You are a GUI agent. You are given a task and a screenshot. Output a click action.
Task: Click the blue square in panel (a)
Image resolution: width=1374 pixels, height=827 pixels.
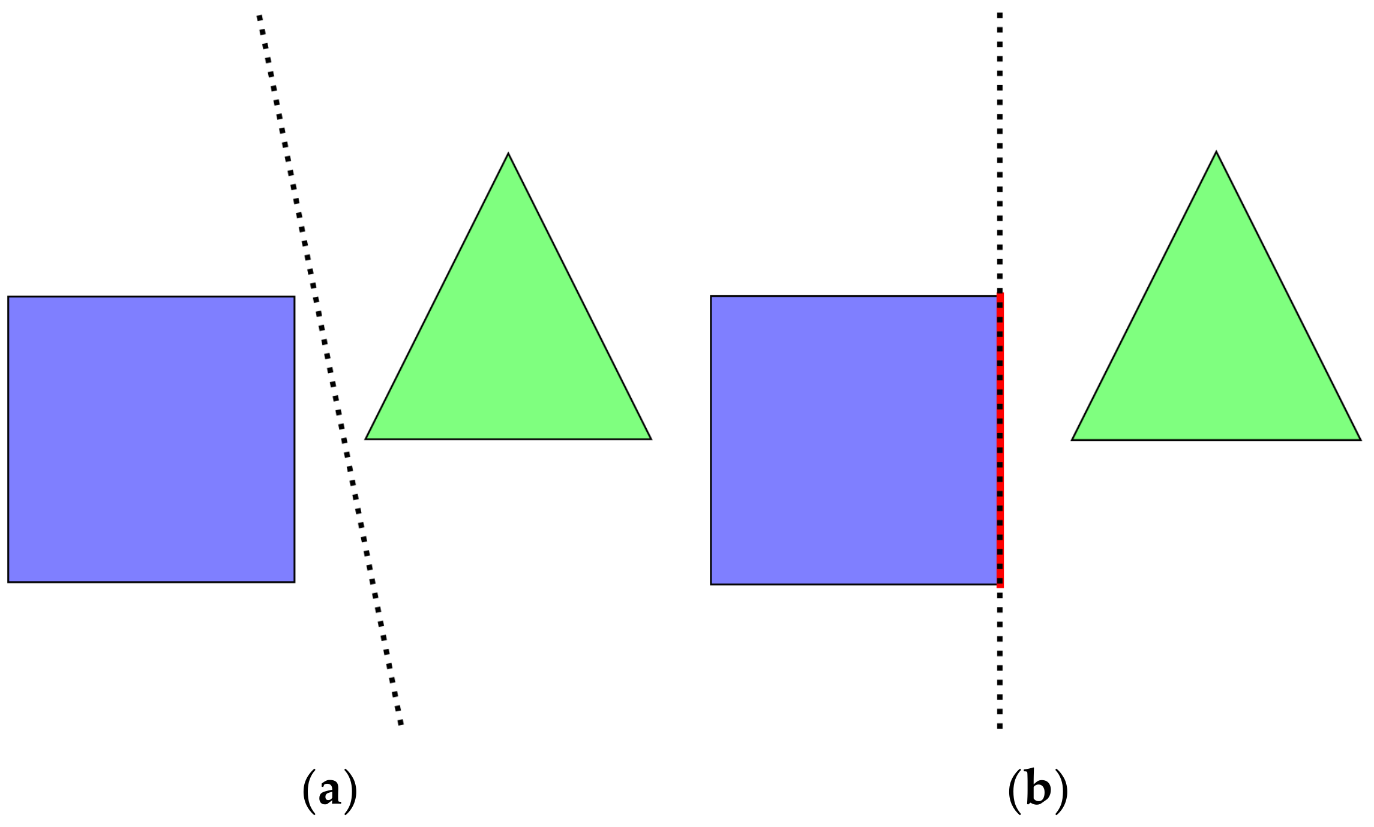tap(151, 439)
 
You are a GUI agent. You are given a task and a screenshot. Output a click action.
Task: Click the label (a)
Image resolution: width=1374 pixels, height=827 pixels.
tap(329, 790)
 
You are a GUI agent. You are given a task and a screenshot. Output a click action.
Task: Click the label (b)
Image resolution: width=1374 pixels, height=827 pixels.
tap(1037, 790)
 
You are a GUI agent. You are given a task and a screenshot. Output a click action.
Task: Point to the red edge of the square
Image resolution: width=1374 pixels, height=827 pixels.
tap(1000, 440)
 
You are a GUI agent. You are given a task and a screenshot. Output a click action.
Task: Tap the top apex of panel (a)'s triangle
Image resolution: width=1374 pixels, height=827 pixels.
tap(508, 154)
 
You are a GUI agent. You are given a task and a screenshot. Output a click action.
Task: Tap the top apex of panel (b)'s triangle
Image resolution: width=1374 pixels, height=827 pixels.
tap(1216, 152)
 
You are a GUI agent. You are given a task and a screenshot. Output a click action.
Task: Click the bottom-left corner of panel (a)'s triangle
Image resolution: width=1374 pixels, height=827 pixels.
tap(366, 439)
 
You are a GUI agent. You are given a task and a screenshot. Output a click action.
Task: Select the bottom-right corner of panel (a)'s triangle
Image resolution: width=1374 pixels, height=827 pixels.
tap(651, 439)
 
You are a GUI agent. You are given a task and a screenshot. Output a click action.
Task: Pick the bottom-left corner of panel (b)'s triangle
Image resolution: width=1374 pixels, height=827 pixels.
tap(1072, 440)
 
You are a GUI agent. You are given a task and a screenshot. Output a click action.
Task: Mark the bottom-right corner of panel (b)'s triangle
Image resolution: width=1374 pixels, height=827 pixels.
tap(1360, 440)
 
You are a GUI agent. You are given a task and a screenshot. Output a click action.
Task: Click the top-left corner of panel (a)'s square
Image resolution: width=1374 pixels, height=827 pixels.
tap(8, 297)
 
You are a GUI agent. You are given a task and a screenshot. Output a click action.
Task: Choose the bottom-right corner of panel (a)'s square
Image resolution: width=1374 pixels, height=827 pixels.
tap(294, 582)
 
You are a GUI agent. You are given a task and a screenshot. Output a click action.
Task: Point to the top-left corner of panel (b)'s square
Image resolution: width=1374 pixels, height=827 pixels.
tap(711, 296)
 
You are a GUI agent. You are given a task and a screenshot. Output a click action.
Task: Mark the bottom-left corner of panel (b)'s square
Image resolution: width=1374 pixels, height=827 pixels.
tap(711, 584)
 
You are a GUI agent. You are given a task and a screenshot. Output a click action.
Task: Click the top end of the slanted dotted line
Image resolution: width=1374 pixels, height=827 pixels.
tap(259, 17)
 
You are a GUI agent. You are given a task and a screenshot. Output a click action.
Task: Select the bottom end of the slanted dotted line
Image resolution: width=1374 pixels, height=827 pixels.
tap(401, 723)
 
